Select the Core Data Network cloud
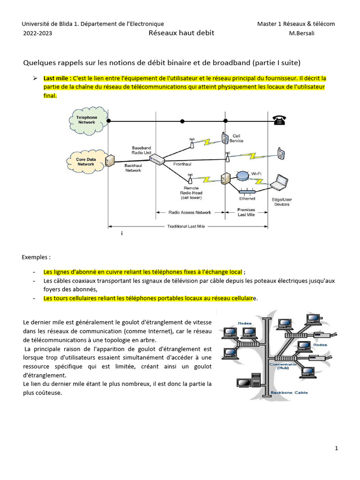tap(86, 162)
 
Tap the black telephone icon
tap(280, 120)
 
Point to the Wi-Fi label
tap(256, 173)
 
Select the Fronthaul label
tap(182, 165)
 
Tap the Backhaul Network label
tap(133, 168)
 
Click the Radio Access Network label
tap(189, 212)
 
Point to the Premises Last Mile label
tap(247, 212)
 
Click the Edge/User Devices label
tap(281, 202)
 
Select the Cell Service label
tap(236, 138)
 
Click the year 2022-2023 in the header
tap(37, 33)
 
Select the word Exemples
tap(36, 257)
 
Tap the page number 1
tap(337, 449)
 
